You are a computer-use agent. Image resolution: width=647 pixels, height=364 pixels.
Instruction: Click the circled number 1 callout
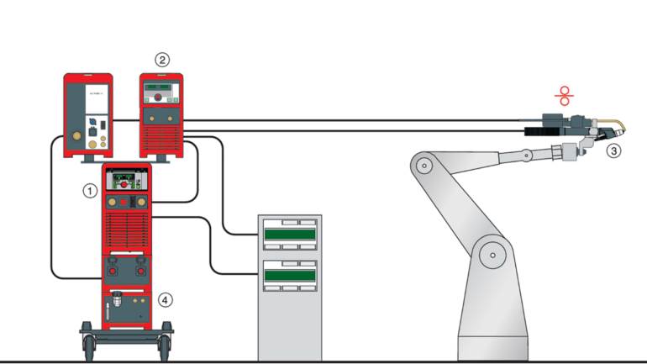click(x=89, y=191)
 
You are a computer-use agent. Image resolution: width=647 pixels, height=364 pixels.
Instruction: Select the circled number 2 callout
click(x=162, y=59)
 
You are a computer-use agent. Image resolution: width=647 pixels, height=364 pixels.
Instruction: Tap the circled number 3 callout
click(x=614, y=151)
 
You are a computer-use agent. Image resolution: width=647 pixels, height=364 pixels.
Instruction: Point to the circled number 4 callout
click(x=166, y=298)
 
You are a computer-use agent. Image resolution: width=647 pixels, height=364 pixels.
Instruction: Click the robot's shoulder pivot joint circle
click(x=424, y=165)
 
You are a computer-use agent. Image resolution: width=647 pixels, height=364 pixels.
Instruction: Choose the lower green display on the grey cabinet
click(x=291, y=273)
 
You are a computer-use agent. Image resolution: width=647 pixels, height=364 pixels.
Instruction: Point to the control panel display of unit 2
click(x=163, y=87)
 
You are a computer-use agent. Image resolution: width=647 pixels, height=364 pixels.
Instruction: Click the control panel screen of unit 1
click(x=127, y=180)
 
